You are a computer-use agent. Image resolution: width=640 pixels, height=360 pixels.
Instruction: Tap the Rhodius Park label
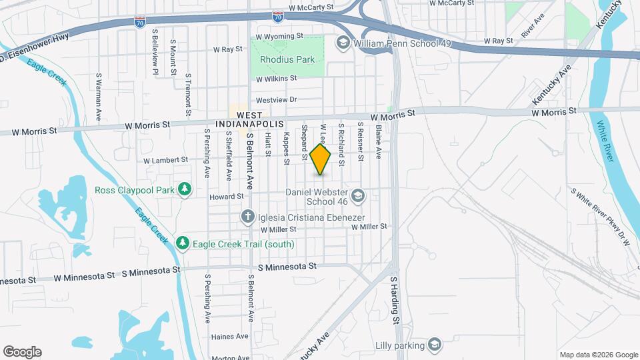287,59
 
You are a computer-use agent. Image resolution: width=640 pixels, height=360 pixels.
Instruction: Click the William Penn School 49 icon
343,43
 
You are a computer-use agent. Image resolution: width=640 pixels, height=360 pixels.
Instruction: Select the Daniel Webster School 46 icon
357,195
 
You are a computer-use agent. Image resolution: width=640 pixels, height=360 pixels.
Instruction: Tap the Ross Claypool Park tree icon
184,190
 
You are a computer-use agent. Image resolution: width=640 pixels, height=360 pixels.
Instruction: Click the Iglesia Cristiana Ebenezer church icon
247,217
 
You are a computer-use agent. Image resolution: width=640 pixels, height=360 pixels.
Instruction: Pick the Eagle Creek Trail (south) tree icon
183,244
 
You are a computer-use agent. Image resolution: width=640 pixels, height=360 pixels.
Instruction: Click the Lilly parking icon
435,345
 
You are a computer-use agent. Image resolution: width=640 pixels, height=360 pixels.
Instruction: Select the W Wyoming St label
279,37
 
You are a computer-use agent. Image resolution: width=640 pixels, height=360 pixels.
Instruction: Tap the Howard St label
227,197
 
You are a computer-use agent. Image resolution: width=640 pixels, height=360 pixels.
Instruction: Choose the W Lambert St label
166,160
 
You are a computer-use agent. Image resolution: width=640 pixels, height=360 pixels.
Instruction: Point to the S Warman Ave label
98,97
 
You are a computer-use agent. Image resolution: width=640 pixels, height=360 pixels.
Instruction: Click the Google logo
22,351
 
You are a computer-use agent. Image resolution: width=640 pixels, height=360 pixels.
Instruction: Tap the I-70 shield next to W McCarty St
278,15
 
